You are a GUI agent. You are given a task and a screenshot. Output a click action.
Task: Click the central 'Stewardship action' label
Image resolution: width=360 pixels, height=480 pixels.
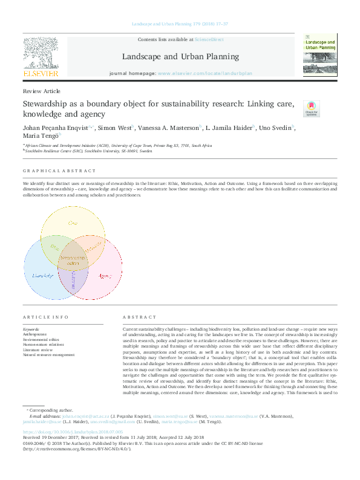click(73, 261)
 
